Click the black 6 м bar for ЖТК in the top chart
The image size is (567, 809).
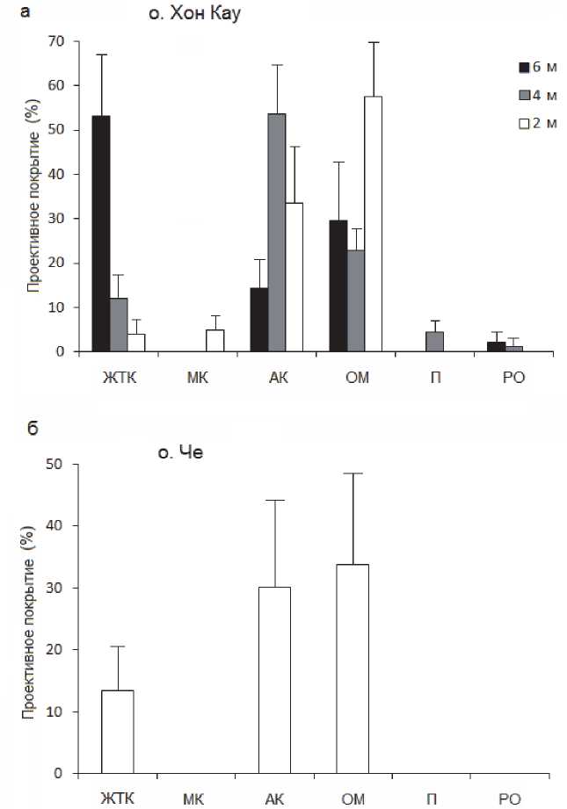click(x=100, y=234)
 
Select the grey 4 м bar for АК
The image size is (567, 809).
click(x=277, y=233)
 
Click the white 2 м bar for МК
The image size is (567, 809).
click(x=215, y=341)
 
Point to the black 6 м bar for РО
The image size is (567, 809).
click(x=496, y=347)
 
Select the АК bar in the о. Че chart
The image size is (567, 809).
click(x=274, y=680)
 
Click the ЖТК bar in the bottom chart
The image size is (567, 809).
click(x=117, y=732)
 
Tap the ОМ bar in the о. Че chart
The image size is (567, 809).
click(x=353, y=669)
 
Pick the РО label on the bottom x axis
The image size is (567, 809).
click(x=510, y=798)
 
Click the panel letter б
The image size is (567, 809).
click(x=32, y=428)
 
